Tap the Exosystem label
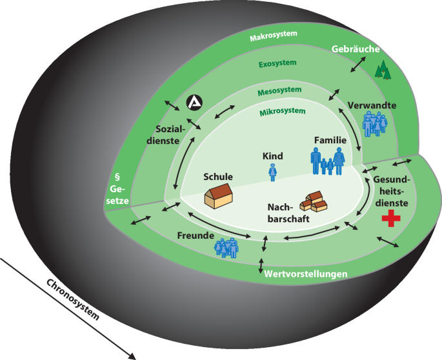click(x=277, y=63)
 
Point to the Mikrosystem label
click(x=282, y=112)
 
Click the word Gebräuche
click(x=356, y=49)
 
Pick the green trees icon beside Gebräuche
click(x=384, y=69)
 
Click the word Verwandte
click(x=372, y=105)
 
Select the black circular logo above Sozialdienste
click(x=194, y=101)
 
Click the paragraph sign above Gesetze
click(x=118, y=175)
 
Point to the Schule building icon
click(x=219, y=194)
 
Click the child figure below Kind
click(x=273, y=172)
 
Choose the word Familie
click(x=330, y=139)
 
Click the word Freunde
click(x=196, y=235)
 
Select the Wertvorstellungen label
click(x=306, y=274)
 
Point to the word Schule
click(x=217, y=176)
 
